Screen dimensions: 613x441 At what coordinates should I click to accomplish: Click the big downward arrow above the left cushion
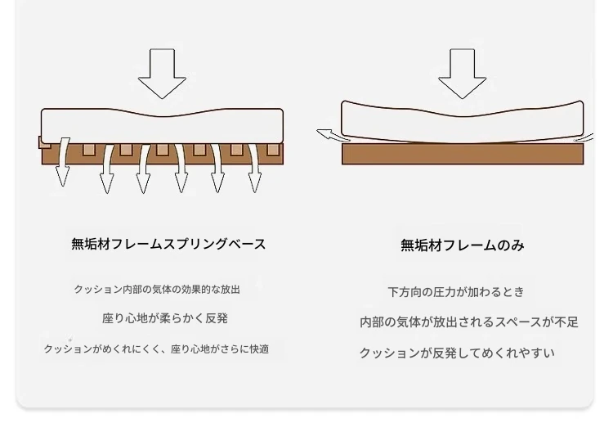click(163, 73)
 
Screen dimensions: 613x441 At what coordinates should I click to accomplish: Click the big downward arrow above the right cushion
click(463, 73)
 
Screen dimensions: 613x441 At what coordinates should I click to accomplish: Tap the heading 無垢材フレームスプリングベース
click(168, 244)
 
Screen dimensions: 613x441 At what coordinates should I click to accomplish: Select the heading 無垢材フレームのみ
click(463, 245)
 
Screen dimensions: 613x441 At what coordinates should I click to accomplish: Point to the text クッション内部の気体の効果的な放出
click(157, 290)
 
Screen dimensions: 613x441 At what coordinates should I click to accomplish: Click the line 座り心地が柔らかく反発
click(165, 318)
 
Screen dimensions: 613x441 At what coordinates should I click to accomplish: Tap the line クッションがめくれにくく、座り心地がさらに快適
click(156, 349)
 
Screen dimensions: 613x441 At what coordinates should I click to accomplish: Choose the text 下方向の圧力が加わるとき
click(456, 292)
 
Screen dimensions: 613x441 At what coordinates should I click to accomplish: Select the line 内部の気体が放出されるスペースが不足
click(469, 322)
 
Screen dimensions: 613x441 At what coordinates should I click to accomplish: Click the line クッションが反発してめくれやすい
click(457, 353)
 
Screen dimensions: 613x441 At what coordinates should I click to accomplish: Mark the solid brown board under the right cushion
click(463, 154)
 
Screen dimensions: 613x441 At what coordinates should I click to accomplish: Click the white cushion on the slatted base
click(163, 126)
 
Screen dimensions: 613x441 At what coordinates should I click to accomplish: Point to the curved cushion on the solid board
click(463, 122)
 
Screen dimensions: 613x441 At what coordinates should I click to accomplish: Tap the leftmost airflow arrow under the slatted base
click(63, 162)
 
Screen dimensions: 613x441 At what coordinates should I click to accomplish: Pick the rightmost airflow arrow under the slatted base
click(254, 169)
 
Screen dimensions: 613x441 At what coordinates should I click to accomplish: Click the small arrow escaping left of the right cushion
click(333, 135)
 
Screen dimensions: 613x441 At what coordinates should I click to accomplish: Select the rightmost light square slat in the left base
click(274, 150)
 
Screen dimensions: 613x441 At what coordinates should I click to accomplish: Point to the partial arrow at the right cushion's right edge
click(584, 138)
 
